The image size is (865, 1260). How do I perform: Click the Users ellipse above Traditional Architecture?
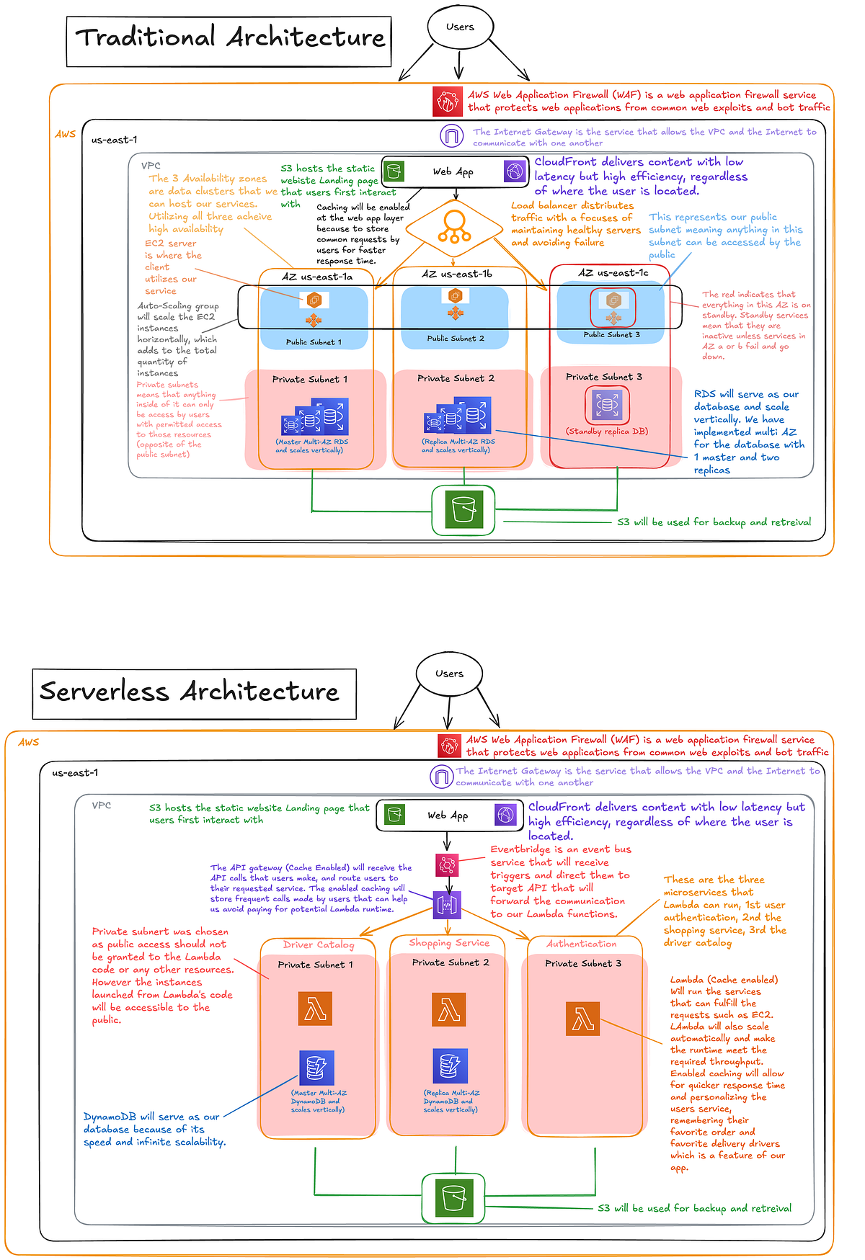(x=460, y=27)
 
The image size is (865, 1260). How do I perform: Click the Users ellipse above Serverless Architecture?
(x=449, y=674)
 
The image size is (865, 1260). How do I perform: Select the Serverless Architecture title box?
(x=194, y=693)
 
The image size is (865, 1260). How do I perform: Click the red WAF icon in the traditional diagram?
(x=447, y=102)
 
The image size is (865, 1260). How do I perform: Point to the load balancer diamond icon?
(x=454, y=228)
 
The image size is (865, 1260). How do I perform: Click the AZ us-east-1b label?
(x=457, y=274)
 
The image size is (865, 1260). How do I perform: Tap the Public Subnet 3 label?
(x=611, y=334)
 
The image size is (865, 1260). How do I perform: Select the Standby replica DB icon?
(x=607, y=405)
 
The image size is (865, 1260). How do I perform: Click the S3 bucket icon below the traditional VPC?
(x=463, y=510)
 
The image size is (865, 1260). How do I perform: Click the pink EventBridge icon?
(x=447, y=864)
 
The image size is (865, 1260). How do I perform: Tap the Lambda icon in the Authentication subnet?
(x=582, y=1019)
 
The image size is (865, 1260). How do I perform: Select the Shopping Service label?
(x=449, y=942)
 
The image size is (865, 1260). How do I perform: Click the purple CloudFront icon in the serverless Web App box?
(x=505, y=815)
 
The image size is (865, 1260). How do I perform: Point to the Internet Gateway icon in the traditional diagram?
(x=452, y=135)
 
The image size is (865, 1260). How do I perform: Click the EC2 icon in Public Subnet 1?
(x=314, y=300)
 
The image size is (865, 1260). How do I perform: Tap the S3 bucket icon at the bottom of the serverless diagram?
(x=453, y=1197)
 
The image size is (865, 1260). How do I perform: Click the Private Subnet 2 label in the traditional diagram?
(x=456, y=378)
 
